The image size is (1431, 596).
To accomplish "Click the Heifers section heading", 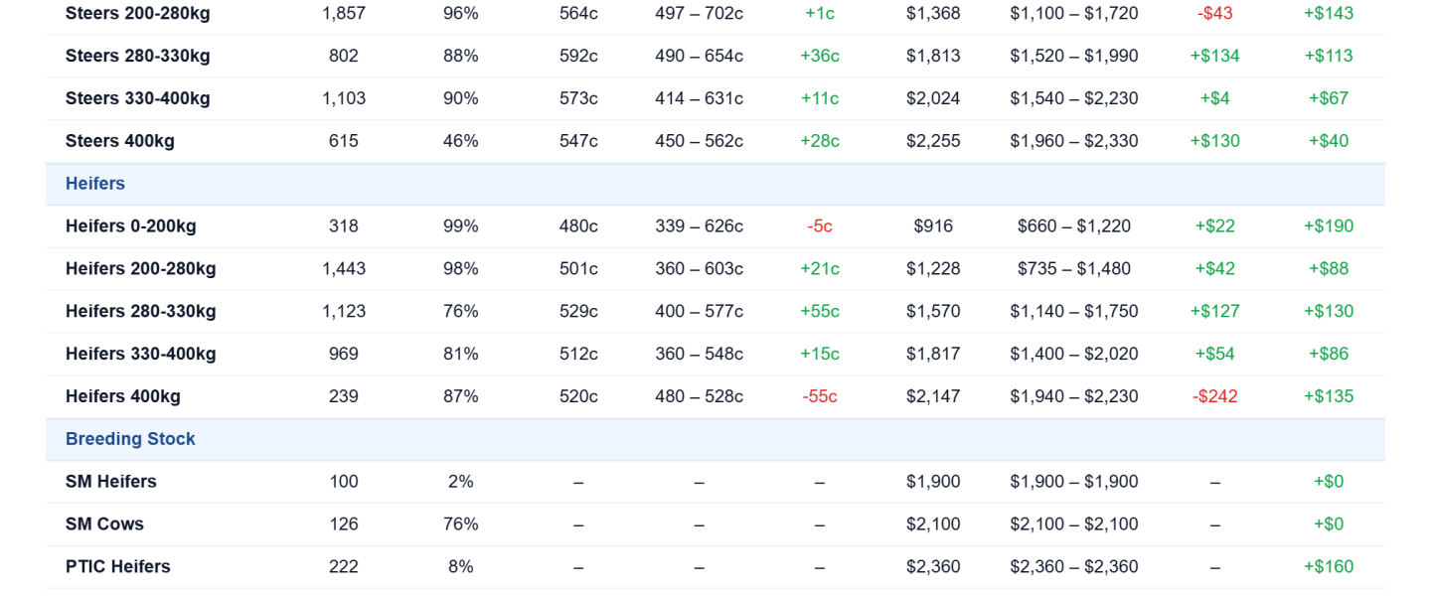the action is point(95,184).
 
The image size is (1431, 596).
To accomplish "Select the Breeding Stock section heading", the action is point(130,439).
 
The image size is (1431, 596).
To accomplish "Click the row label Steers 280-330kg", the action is point(138,56).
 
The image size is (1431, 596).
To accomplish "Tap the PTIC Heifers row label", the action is point(118,566).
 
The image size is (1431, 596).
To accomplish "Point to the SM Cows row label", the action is point(104,523).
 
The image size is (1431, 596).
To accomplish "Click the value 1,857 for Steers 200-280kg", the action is point(344,14).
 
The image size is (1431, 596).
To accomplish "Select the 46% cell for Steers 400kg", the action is point(461,140).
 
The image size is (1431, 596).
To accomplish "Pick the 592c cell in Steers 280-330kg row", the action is point(578,56).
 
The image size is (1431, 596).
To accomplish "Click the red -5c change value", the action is point(820,226).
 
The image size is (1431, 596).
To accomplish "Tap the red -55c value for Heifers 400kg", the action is point(820,396).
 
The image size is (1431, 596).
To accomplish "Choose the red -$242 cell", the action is point(1215,396).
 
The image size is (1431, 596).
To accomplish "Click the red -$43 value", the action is point(1215,14).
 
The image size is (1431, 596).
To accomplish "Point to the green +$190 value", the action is point(1329,226).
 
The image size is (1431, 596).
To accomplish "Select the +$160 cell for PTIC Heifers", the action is point(1329,566).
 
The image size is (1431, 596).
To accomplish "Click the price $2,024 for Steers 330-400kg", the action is point(933,98).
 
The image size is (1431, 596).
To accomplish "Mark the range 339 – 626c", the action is point(700,226).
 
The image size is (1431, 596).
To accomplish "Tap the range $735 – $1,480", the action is point(1074,268).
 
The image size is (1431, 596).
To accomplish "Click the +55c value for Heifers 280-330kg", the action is point(820,311).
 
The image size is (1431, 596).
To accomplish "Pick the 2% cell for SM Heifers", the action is point(461,482).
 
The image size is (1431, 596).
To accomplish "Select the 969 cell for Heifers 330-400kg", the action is point(344,354).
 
